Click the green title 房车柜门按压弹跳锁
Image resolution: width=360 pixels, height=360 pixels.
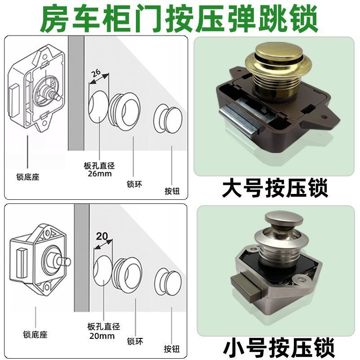coord(180,19)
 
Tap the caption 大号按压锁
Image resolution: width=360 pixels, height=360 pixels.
coord(275,189)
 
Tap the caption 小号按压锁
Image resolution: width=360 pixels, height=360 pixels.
coord(278,348)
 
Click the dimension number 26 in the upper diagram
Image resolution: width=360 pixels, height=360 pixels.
coord(96,73)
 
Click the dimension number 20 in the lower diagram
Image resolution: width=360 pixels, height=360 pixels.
coord(102,236)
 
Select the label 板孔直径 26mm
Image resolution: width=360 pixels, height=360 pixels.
coord(99,170)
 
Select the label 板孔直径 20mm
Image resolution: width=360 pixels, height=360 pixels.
coord(103,331)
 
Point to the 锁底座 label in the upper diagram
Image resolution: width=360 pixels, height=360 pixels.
coord(28,177)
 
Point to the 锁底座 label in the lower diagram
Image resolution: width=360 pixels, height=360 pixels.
coord(35,334)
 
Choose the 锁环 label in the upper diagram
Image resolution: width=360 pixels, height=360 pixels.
coord(134,184)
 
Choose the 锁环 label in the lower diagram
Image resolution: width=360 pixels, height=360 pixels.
coord(135,342)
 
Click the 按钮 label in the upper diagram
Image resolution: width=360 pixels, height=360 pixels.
coord(172,191)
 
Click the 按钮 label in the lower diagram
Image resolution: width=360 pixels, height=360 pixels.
coord(171,349)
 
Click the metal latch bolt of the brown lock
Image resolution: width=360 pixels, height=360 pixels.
coord(239,119)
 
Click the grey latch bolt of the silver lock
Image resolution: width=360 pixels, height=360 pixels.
coord(246,288)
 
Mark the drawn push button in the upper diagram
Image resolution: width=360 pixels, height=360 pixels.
coord(168,119)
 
